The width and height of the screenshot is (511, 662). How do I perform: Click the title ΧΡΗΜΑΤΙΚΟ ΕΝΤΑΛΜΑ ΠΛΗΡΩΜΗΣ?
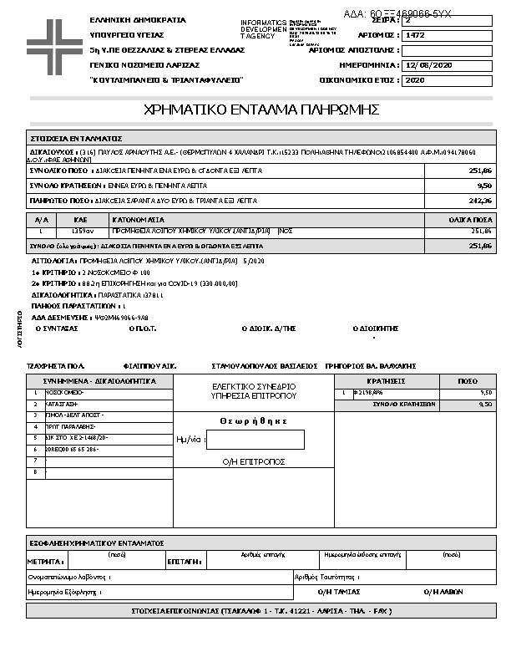point(262,109)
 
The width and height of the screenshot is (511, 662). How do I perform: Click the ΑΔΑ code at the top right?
point(397,14)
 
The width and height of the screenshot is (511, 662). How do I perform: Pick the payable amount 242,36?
point(480,201)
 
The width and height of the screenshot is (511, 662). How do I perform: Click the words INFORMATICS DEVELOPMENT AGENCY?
point(263,29)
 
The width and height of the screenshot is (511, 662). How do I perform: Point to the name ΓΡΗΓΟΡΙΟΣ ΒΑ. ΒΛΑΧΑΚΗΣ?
point(369,366)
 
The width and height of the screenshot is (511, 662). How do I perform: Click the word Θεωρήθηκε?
point(254,420)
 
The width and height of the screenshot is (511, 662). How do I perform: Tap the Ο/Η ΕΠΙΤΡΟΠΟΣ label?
point(254,461)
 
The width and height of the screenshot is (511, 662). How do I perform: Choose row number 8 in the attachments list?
point(35,472)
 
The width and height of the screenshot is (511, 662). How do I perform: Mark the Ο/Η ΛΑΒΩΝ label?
point(439,591)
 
